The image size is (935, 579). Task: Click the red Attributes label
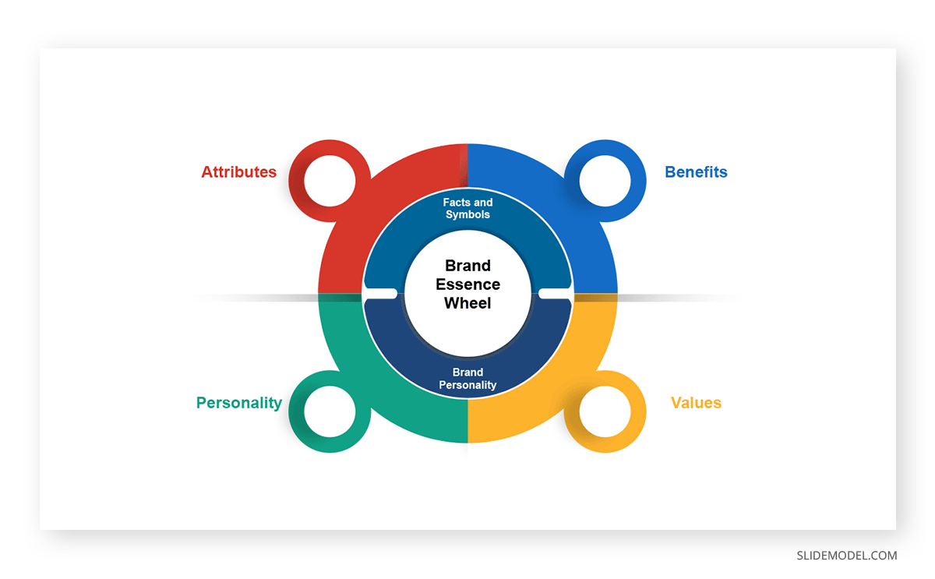[238, 172]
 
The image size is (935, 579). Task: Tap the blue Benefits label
[696, 172]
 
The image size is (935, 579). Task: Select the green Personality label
[239, 403]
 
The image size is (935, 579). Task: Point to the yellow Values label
[696, 403]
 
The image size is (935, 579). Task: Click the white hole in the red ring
[330, 181]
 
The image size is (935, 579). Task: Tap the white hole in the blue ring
[605, 181]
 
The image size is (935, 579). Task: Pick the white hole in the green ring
[330, 411]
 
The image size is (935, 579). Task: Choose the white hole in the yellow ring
[605, 411]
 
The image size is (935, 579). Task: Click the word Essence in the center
[468, 284]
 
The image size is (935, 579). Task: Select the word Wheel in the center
[467, 303]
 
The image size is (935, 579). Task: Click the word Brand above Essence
[468, 266]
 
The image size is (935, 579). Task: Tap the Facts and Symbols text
[468, 208]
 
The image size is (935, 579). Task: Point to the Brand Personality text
[468, 379]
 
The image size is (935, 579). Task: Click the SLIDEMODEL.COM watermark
[846, 556]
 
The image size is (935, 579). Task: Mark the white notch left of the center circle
[380, 294]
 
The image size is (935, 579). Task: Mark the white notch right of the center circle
[555, 294]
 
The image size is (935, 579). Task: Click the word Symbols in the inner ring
[468, 214]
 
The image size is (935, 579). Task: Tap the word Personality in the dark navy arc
[468, 385]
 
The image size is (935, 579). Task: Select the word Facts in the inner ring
[457, 203]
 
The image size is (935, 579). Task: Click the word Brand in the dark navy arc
[468, 372]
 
